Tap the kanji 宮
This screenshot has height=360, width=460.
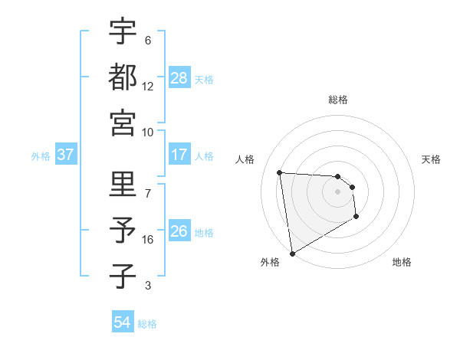point(123,123)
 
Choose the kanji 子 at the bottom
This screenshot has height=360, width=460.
point(123,277)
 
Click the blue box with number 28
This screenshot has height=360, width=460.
point(179,77)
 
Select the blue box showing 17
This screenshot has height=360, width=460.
point(179,155)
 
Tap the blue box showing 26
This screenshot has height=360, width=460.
point(179,231)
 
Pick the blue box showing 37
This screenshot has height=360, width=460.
point(66,155)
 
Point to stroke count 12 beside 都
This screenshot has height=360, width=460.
point(148,87)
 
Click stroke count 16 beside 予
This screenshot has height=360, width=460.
point(148,240)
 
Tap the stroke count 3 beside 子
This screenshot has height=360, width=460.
point(148,286)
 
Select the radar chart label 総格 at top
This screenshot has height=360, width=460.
point(338,100)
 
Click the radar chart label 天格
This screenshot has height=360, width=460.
point(432,159)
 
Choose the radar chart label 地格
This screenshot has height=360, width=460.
point(402,262)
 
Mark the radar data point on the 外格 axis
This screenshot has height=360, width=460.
point(292,254)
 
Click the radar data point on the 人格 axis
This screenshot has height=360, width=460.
point(279,172)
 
